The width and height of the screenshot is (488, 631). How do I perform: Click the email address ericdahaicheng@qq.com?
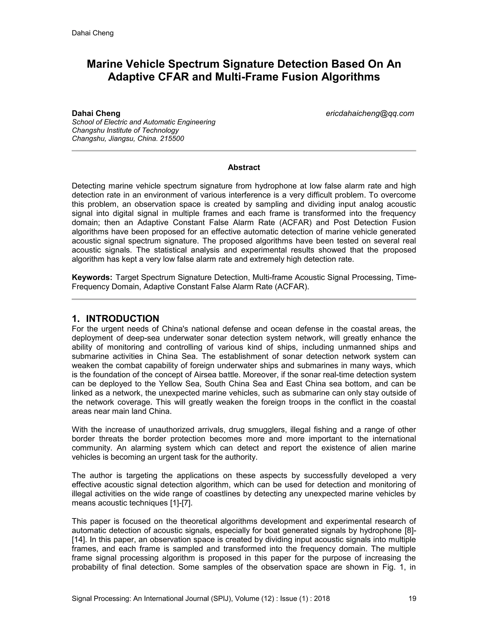pyautogui.click(x=370, y=114)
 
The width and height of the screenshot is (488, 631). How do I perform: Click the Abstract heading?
pyautogui.click(x=244, y=167)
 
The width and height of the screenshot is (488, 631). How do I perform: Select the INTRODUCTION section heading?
pyautogui.click(x=122, y=318)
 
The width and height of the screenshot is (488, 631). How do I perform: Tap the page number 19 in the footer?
pyautogui.click(x=412, y=598)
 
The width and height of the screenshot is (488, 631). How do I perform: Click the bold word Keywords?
pyautogui.click(x=92, y=277)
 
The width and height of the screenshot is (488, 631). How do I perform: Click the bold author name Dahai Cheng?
pyautogui.click(x=96, y=113)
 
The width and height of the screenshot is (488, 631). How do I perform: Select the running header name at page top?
pyautogui.click(x=92, y=33)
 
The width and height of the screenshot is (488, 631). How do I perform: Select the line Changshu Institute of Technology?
pyautogui.click(x=125, y=130)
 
